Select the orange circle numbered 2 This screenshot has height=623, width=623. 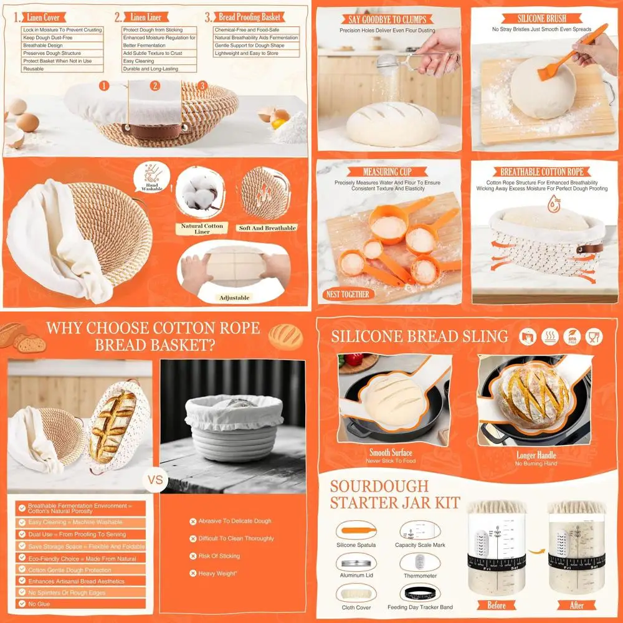[x=155, y=86]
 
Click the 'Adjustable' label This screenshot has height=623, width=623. [x=234, y=298]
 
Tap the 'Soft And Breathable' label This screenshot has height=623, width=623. [x=267, y=228]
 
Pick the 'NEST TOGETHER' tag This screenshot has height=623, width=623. [x=348, y=294]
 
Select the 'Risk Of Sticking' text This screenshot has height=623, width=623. [x=219, y=556]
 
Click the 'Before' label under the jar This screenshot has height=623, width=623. [x=497, y=605]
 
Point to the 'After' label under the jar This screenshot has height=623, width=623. [x=577, y=605]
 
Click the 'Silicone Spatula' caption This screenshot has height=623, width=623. [x=356, y=545]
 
